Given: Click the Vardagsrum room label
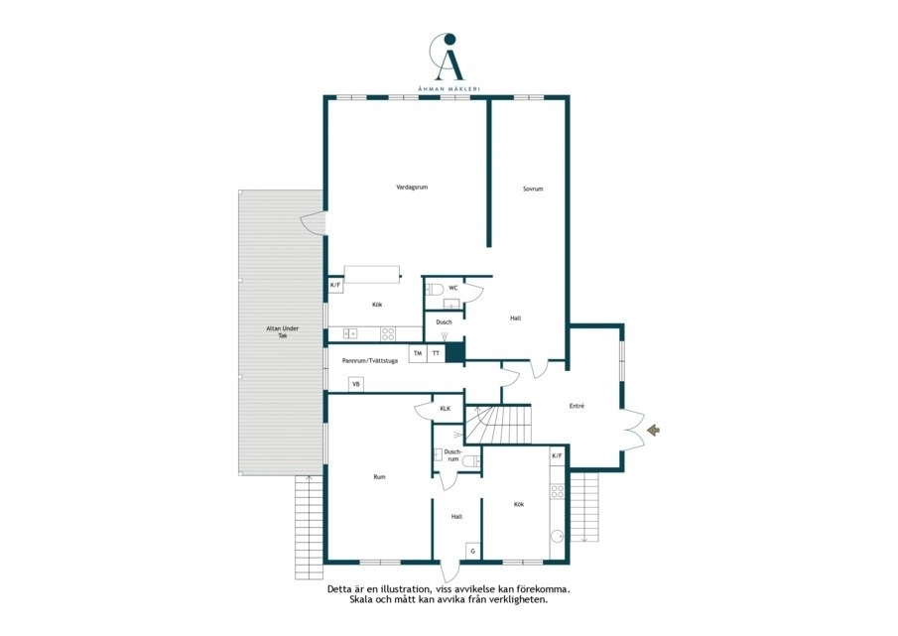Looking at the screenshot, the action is (x=412, y=188).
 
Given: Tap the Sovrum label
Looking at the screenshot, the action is (x=533, y=189).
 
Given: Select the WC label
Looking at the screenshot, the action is (x=453, y=288).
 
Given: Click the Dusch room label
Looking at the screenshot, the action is (x=444, y=322).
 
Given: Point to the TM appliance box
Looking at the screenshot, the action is (x=418, y=353).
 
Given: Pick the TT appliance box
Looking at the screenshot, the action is (x=437, y=353).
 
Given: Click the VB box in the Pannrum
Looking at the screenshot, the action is (x=355, y=384).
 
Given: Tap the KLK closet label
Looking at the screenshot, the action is (x=445, y=409).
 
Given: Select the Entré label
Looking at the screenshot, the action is (x=577, y=406).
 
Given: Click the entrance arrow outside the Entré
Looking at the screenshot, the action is (x=653, y=430).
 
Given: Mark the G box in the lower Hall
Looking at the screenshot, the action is (x=473, y=552).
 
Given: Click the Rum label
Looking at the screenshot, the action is (x=379, y=477).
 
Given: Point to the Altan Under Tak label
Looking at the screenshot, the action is (x=283, y=332).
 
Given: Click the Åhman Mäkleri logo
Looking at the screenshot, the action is (x=449, y=62).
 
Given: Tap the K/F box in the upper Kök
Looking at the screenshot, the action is (x=335, y=285).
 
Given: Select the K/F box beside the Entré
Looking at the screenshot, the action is (x=557, y=455).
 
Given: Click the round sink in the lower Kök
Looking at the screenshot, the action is (x=557, y=537).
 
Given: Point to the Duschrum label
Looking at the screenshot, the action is (x=452, y=455).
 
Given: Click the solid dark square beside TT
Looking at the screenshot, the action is (x=454, y=352).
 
